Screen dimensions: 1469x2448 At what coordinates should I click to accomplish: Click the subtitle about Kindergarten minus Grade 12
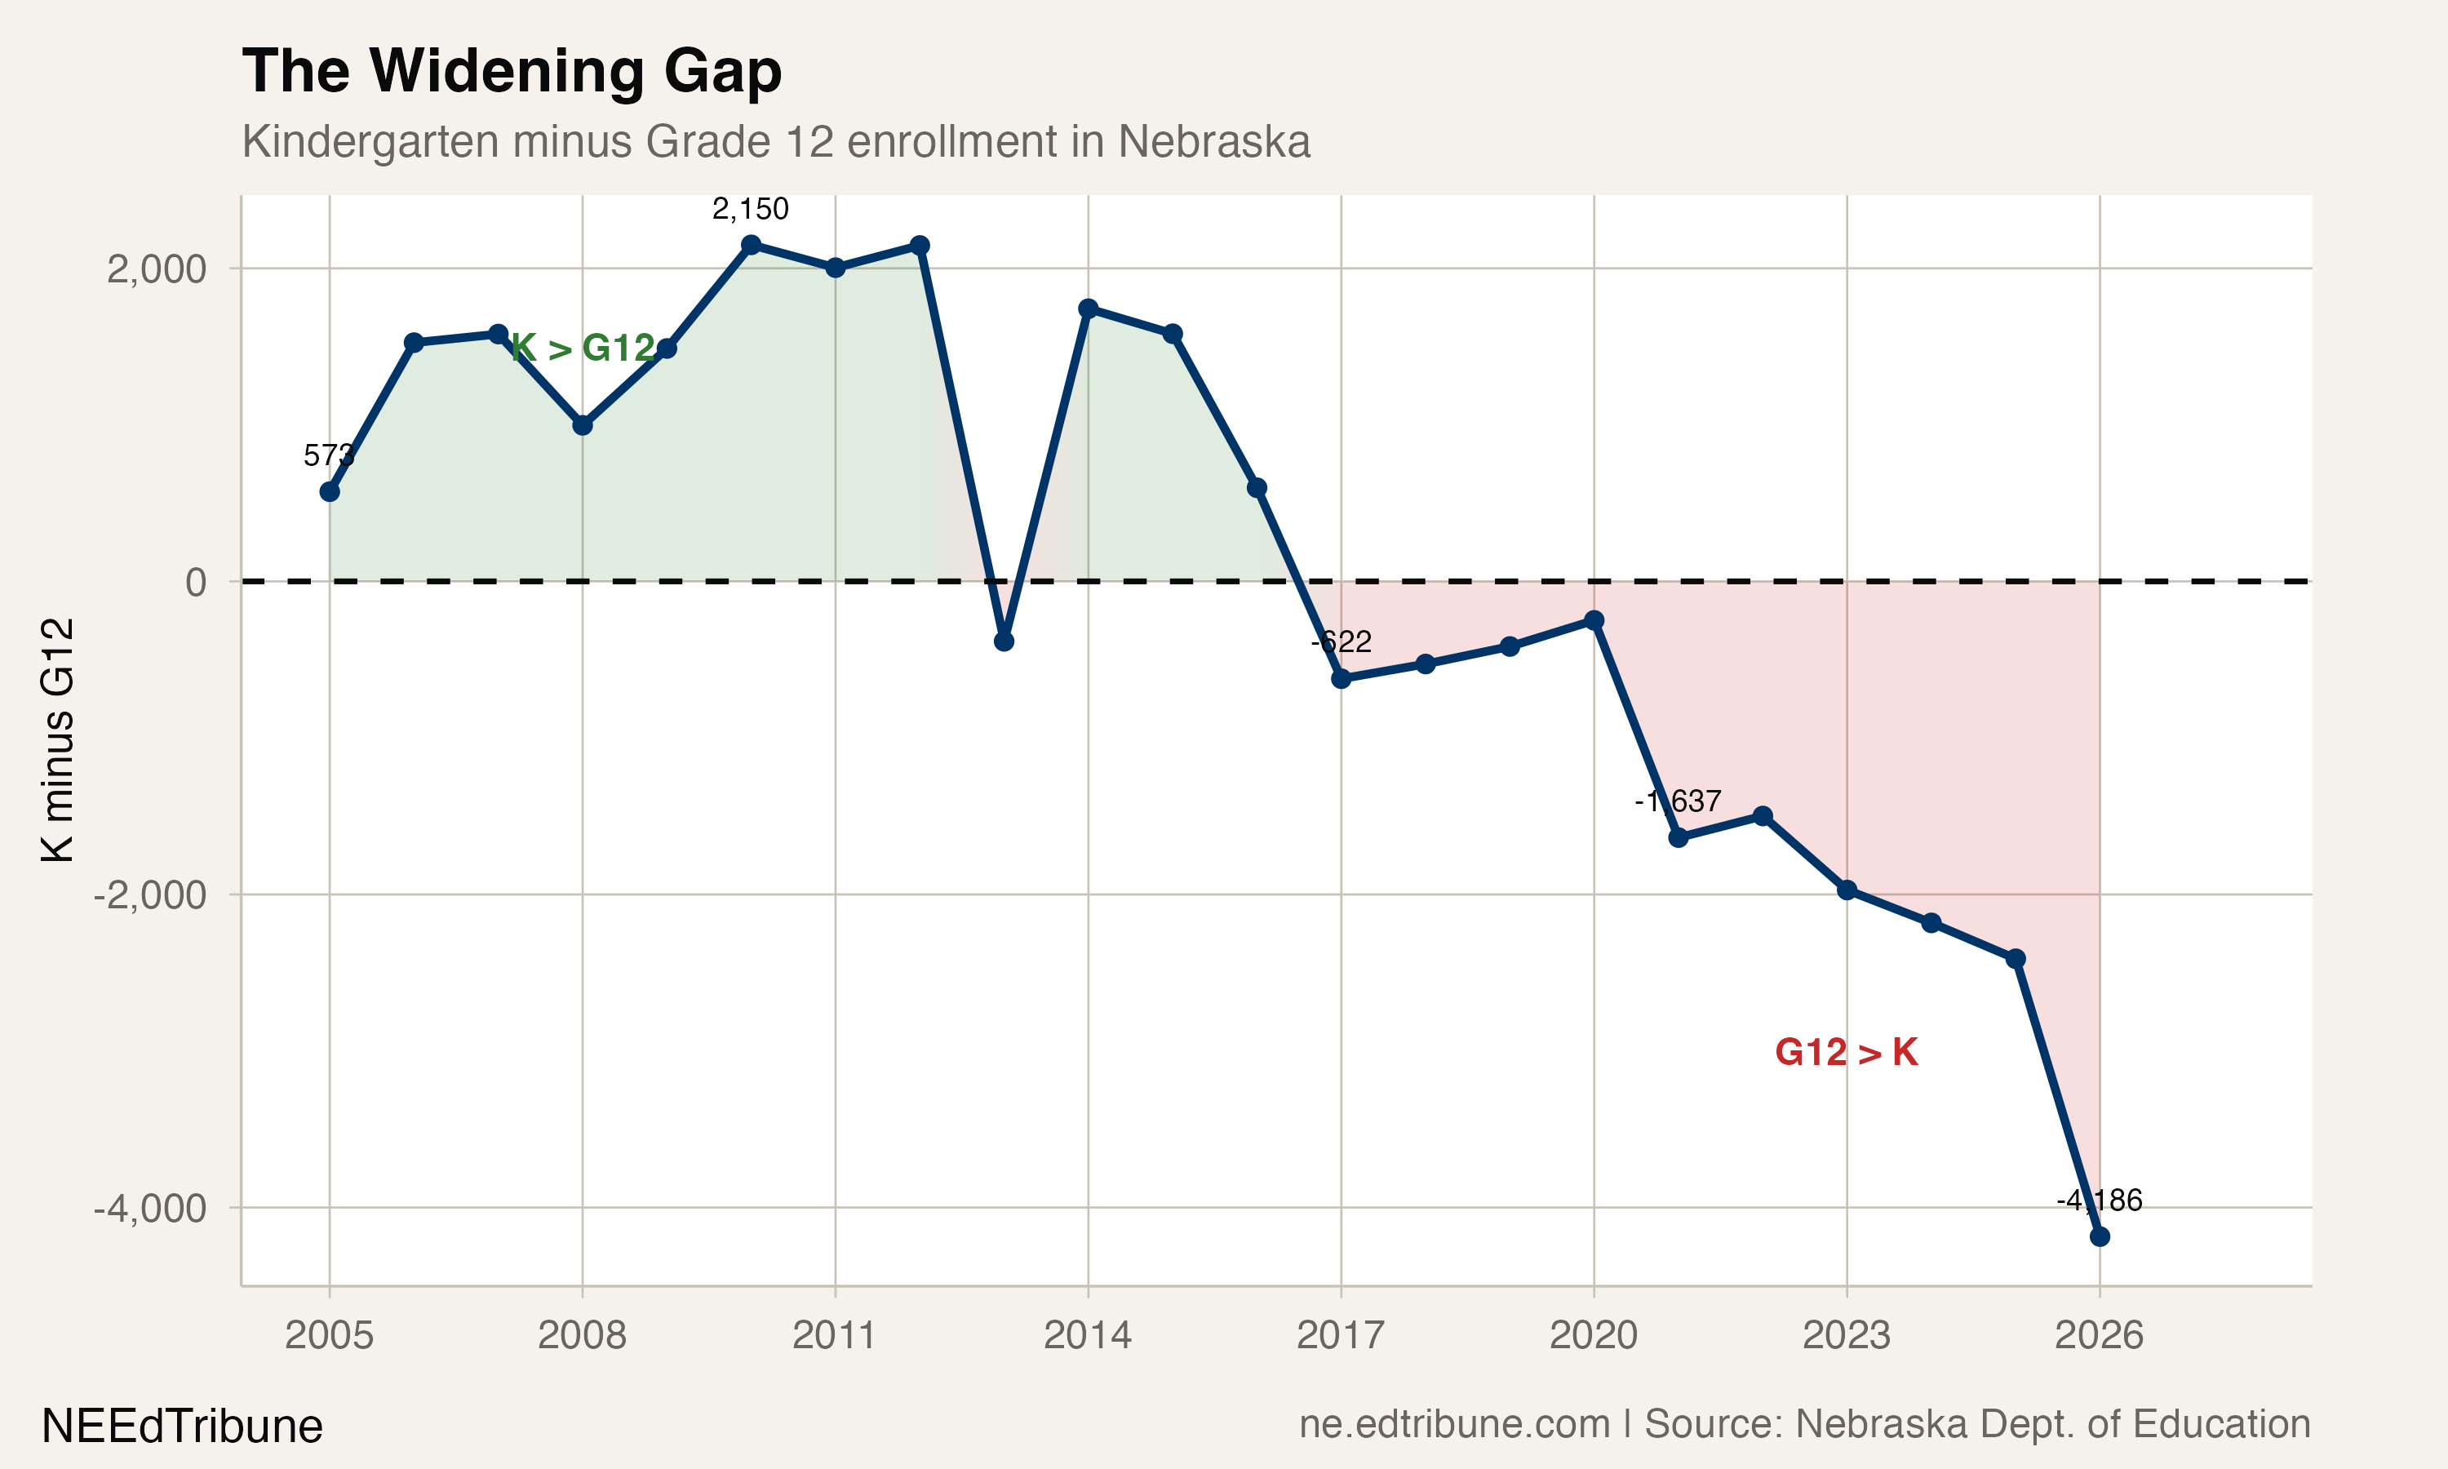coord(776,141)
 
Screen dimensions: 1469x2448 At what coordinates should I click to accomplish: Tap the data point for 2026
coord(2099,1236)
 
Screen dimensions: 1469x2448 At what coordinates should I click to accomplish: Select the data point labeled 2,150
coord(751,245)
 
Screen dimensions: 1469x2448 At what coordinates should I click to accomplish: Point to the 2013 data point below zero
coord(1004,641)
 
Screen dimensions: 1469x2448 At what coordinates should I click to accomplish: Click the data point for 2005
coord(330,492)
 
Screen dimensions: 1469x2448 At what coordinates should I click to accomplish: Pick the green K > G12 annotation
coord(583,348)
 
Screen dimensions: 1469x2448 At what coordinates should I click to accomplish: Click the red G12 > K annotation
coord(1847,1052)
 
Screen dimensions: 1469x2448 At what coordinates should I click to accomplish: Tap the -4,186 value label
coord(2099,1200)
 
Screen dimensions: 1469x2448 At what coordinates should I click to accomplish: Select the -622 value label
coord(1341,642)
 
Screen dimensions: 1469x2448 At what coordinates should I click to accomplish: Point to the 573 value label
coord(329,455)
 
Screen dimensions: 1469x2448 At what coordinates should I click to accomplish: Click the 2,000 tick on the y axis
coord(157,269)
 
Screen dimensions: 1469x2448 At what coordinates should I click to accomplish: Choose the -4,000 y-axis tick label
coord(149,1209)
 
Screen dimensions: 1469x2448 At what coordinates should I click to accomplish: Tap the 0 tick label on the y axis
coord(196,582)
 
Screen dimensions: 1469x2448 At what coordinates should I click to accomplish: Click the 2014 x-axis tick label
coord(1088,1335)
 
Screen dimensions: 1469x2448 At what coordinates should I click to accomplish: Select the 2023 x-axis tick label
coord(1846,1335)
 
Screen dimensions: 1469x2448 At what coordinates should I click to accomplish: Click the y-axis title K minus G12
coord(57,739)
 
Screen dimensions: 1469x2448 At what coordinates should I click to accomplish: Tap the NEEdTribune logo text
coord(182,1427)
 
